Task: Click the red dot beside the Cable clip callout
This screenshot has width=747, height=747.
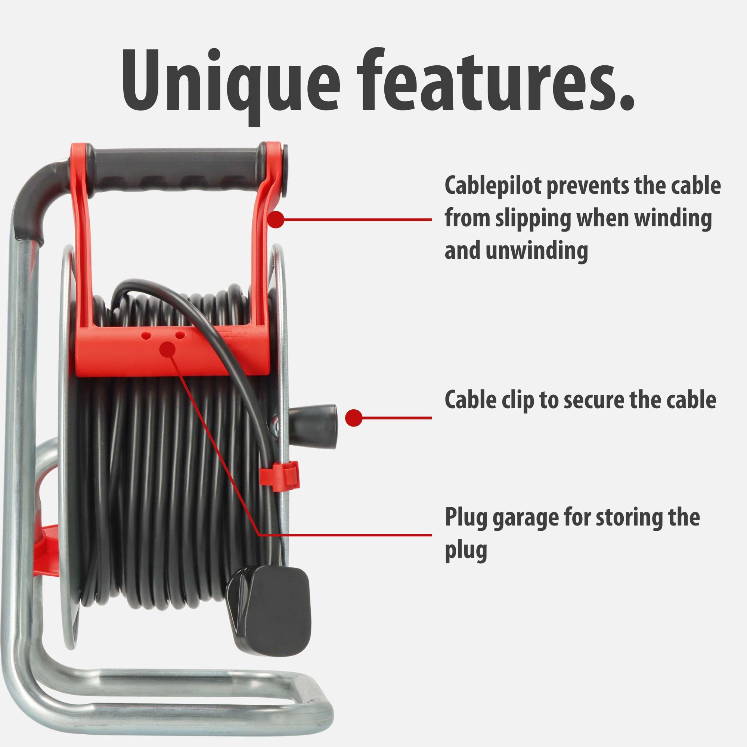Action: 353,418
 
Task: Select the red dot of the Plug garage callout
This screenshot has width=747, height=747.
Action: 167,349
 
